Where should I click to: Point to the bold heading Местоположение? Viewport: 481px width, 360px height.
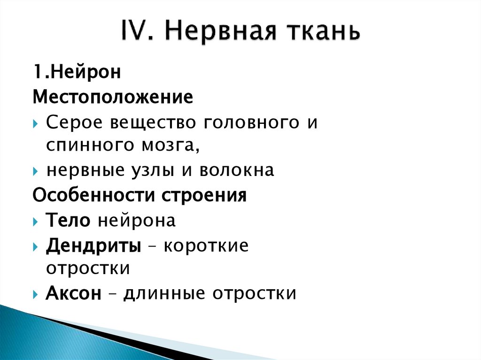(113, 98)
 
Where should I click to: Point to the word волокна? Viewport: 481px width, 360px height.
(236, 171)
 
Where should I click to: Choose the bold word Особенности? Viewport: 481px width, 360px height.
(94, 195)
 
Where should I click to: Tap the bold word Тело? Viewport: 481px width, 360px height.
(68, 220)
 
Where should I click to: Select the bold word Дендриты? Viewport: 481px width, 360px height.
(93, 245)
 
